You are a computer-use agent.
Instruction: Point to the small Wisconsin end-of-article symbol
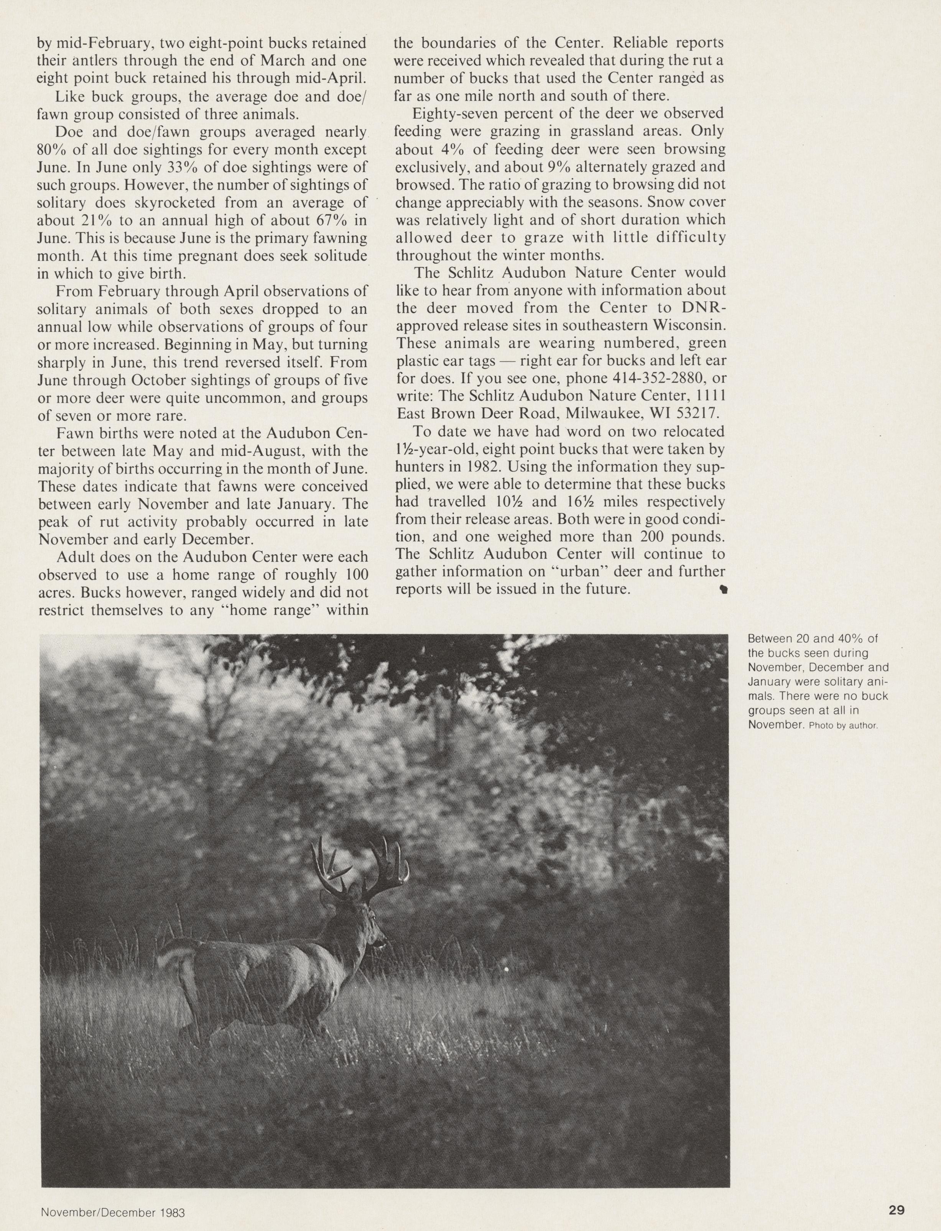(x=723, y=589)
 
